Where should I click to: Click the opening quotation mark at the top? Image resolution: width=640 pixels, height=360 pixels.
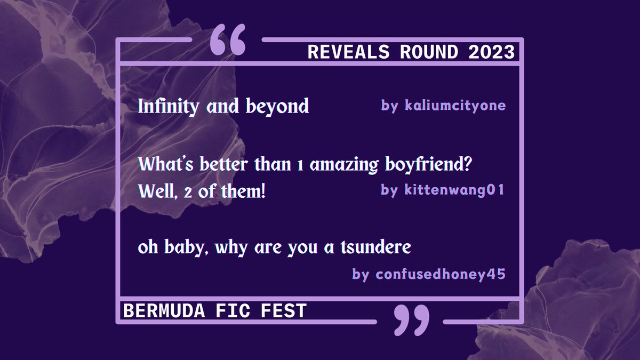(x=228, y=40)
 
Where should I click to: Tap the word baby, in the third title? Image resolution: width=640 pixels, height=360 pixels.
(x=186, y=249)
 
